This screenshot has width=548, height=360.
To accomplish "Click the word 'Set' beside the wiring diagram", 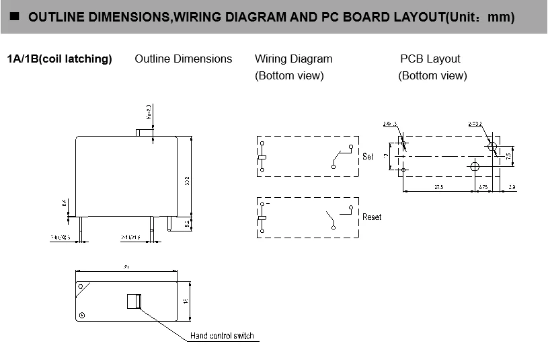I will tap(368, 156).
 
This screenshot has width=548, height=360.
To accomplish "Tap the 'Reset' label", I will tap(372, 217).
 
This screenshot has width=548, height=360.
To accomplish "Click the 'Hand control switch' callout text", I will tap(222, 336).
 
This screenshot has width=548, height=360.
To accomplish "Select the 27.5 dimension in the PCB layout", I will tap(438, 186).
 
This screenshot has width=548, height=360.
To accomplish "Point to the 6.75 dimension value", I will tap(483, 186).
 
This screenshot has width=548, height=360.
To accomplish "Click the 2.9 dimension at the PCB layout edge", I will tap(512, 186).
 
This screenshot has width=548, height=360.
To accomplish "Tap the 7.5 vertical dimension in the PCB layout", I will tap(508, 155).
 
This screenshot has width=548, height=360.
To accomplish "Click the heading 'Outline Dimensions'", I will tap(183, 59).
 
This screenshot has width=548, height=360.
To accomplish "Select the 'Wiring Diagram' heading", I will tap(293, 59).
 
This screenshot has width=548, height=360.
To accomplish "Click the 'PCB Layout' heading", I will tap(430, 59).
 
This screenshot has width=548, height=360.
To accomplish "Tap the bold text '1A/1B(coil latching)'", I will tap(59, 59).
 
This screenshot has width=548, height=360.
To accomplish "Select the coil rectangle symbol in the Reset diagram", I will tap(262, 218).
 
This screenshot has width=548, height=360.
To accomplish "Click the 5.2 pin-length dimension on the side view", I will tap(187, 223).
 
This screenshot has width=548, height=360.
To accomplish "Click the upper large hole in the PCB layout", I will tap(492, 146).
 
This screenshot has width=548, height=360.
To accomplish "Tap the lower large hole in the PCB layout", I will tap(475, 166).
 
